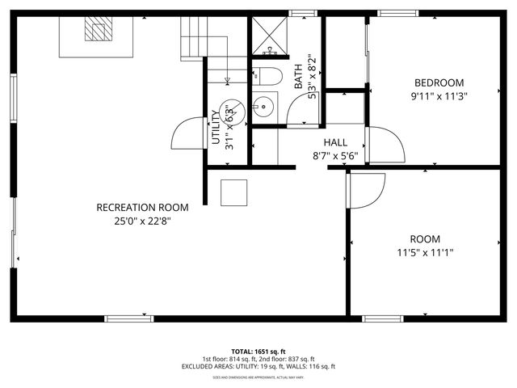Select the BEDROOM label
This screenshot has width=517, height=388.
(x=439, y=82)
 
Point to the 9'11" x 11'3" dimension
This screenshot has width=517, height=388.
(x=439, y=95)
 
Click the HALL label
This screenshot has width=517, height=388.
(x=335, y=141)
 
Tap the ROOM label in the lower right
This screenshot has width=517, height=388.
(x=425, y=239)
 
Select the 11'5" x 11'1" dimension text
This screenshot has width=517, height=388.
(x=425, y=252)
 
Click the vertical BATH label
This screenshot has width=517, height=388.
(x=298, y=77)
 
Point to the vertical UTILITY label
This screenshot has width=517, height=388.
(x=216, y=128)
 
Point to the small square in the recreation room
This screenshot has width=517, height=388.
(x=234, y=192)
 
